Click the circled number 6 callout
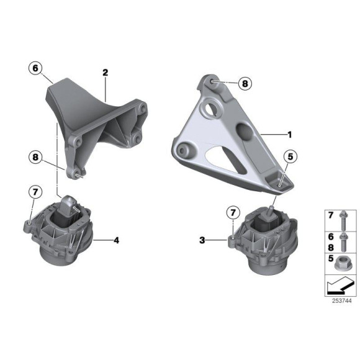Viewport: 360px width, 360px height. tap(35, 68)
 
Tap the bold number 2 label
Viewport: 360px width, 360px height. tap(105, 73)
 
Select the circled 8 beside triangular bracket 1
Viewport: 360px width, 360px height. tap(245, 83)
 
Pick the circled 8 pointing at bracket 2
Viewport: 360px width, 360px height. tap(35, 157)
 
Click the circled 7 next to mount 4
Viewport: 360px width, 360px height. tap(35, 192)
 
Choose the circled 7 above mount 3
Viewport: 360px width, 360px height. tap(233, 213)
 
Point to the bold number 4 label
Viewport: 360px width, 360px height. tap(117, 240)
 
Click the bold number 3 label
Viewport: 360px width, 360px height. tap(202, 240)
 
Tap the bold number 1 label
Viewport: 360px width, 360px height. tap(290, 135)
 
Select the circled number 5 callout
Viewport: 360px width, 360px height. tap(290, 157)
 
